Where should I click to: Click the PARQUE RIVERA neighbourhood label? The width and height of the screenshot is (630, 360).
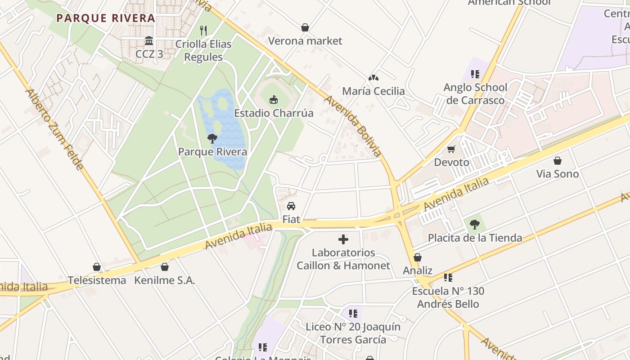click(106, 18)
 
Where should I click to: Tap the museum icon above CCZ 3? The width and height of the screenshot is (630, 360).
click(149, 41)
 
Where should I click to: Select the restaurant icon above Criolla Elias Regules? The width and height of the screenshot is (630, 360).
click(203, 31)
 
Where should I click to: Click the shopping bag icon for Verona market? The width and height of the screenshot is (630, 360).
click(305, 27)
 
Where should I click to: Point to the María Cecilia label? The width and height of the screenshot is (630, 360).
click(373, 91)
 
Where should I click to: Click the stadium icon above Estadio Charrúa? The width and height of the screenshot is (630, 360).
click(273, 99)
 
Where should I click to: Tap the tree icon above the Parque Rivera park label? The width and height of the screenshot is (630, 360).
click(212, 139)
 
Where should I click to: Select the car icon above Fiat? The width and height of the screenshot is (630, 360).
click(291, 206)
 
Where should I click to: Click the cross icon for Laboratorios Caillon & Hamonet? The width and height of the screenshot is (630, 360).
click(343, 239)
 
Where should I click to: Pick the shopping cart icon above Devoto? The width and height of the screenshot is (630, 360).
click(451, 149)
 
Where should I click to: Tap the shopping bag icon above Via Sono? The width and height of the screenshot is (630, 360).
click(558, 161)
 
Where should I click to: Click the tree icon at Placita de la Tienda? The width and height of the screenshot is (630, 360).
click(474, 224)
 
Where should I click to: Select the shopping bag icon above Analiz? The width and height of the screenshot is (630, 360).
click(418, 257)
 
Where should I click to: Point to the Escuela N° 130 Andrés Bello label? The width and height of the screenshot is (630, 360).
click(448, 297)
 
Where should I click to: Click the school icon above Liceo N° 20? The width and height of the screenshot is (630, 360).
click(353, 313)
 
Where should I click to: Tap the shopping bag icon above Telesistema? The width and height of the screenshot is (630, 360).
click(97, 267)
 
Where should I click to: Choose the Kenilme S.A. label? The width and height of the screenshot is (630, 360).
click(165, 280)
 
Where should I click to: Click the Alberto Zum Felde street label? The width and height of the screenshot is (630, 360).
click(54, 130)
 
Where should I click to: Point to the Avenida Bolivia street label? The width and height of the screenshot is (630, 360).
click(353, 126)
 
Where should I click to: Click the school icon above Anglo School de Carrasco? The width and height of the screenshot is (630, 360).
click(475, 74)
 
